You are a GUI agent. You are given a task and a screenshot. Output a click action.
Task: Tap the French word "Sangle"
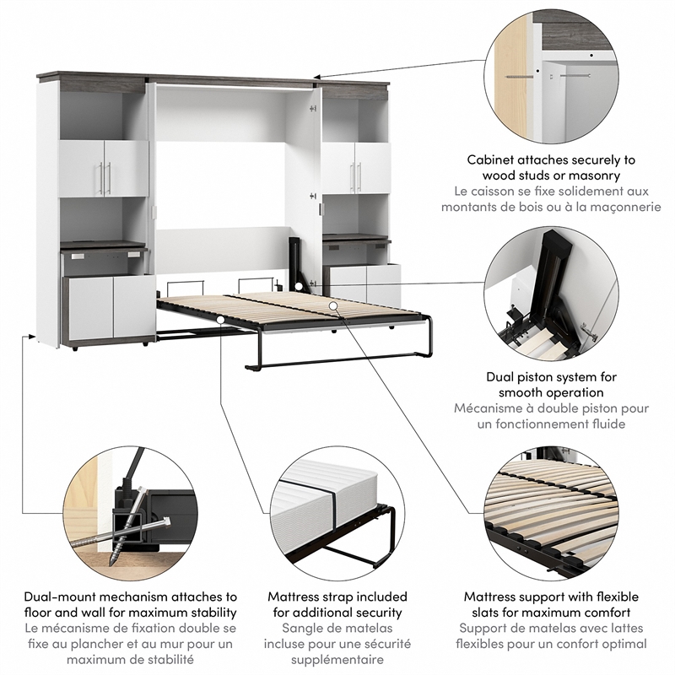300,629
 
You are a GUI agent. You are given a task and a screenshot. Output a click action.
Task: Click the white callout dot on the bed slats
332,305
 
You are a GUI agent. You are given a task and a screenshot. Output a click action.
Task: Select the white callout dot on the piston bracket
299,286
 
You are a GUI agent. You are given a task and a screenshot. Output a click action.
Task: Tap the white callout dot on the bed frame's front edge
220,320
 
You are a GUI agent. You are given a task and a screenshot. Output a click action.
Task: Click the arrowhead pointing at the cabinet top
317,77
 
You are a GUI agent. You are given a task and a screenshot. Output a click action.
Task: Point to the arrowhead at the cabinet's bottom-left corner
31,336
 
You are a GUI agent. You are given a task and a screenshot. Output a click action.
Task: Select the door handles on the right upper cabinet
355,177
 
